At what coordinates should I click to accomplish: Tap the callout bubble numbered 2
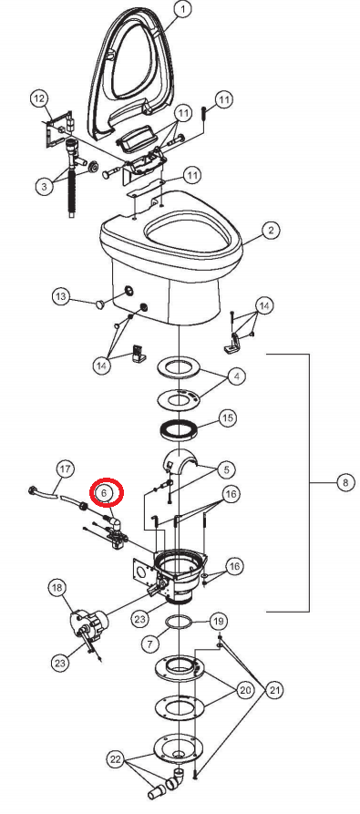click(271, 232)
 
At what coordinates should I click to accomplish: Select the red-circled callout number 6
click(105, 492)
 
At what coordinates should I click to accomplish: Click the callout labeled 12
click(39, 98)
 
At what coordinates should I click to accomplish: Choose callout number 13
click(61, 297)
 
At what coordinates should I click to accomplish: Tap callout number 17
click(64, 470)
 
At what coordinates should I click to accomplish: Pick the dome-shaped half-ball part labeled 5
click(185, 463)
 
